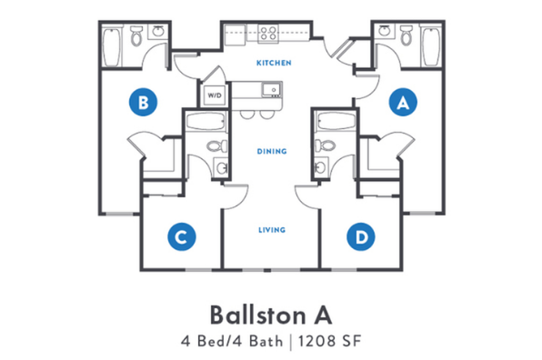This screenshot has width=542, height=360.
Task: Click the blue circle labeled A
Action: [402, 103]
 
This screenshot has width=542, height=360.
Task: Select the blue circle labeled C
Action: [181, 237]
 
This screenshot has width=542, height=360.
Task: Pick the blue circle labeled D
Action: [361, 237]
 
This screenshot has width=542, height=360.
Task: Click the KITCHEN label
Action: [274, 63]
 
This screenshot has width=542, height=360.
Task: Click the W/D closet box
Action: [215, 95]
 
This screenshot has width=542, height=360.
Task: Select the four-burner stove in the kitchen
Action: [268, 35]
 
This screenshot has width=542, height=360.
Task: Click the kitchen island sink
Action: [271, 89]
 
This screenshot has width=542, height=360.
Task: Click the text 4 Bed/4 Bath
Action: [236, 343]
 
